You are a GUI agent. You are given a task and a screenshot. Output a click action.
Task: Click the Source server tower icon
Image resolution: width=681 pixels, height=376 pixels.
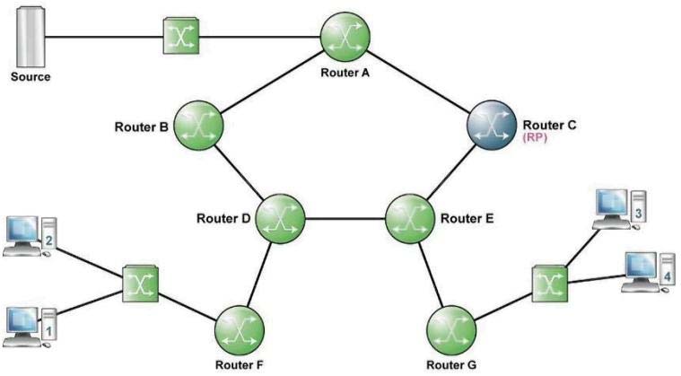coord(31,37)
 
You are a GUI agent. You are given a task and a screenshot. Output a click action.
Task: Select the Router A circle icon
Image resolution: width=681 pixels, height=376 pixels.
coord(345,36)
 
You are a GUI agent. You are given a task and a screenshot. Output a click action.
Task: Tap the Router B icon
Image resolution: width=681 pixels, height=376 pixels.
coord(199,126)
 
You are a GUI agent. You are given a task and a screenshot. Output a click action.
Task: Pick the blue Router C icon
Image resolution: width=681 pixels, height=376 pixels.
coord(492,125)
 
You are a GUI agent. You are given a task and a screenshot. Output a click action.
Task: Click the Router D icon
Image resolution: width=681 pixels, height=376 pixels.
coord(280,218)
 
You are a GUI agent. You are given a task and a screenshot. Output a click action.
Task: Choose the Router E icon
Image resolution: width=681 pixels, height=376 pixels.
coord(410,218)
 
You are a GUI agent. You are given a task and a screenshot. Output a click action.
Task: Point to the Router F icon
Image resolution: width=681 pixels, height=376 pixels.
coord(240,330)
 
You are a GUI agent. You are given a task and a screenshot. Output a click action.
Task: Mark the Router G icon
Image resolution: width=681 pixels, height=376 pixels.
coord(451,330)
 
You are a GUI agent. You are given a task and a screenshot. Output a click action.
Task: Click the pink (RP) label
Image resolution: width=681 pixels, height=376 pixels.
coord(535,137)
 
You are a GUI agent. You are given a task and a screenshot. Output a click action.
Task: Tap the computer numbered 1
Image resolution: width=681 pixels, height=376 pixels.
coord(31,327)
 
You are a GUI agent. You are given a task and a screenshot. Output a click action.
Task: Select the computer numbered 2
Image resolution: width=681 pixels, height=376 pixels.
coord(31,237)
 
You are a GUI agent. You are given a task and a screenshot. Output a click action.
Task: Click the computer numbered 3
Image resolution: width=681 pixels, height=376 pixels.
coord(619,210)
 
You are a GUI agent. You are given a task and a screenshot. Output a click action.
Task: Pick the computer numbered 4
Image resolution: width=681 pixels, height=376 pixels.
coord(648,272)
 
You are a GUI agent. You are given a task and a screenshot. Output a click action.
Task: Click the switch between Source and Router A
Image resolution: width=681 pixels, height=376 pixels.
coord(180,36)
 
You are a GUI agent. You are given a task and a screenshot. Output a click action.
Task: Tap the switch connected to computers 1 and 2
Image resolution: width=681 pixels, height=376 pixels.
coord(140,284)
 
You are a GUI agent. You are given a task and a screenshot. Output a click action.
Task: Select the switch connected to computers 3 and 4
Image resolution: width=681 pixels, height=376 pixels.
coord(550,284)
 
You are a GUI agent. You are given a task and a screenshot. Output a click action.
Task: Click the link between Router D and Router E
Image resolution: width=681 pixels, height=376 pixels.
coord(345,218)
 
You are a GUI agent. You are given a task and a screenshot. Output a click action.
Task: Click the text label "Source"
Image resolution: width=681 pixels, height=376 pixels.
coord(31,77)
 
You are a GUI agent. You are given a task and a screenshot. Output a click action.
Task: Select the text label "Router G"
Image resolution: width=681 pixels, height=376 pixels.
coord(451,364)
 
